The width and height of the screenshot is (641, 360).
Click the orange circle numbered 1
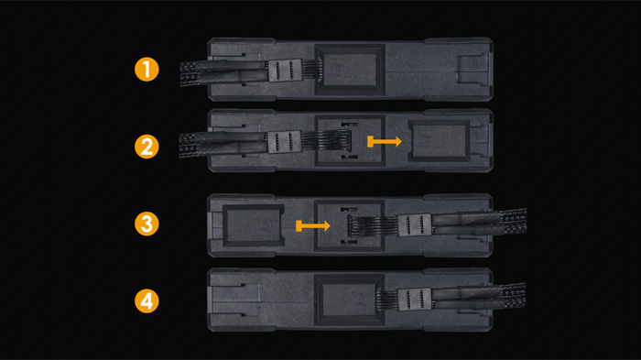[x=147, y=69]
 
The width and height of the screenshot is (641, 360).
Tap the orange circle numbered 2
[x=147, y=147]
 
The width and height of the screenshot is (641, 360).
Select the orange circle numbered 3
[x=147, y=224]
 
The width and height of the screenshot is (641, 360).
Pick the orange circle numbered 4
[x=147, y=301]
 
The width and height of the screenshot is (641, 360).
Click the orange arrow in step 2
[x=385, y=142]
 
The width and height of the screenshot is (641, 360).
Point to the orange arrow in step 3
[x=313, y=226]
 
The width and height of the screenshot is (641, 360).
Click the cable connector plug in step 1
[x=285, y=71]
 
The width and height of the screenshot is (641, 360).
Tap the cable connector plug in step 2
[x=285, y=142]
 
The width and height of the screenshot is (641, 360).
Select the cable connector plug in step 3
[x=415, y=225]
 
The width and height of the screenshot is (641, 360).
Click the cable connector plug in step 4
[x=415, y=299]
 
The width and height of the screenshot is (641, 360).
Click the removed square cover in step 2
[x=440, y=141]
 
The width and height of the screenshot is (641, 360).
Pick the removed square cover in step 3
[x=254, y=225]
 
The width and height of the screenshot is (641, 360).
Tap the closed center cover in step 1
[x=350, y=70]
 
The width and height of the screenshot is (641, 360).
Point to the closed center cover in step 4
[x=350, y=300]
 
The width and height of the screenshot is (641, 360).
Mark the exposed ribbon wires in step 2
[x=326, y=141]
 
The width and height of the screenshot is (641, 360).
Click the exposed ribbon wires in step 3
[x=373, y=226]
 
